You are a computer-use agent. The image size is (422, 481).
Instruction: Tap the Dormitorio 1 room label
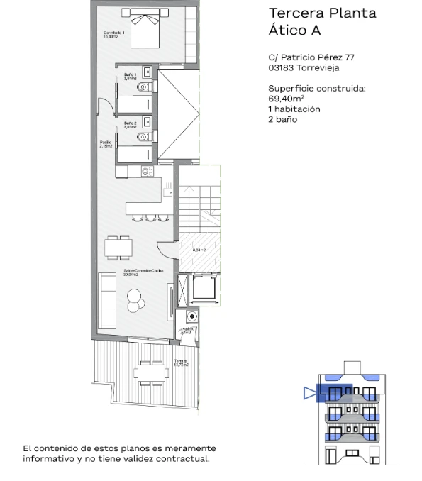(x=114, y=35)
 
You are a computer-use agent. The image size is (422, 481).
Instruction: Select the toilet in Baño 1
(x=145, y=87)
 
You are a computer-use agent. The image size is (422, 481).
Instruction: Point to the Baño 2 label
(x=130, y=125)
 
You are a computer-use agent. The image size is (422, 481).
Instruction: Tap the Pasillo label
(x=107, y=144)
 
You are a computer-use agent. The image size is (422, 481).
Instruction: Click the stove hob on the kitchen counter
(x=147, y=171)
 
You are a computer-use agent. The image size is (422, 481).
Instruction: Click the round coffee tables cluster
(x=135, y=302)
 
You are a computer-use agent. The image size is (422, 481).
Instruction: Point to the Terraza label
(x=181, y=363)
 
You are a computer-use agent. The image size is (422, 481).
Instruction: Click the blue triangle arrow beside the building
(x=309, y=392)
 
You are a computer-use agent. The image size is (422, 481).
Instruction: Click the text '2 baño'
(x=282, y=119)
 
